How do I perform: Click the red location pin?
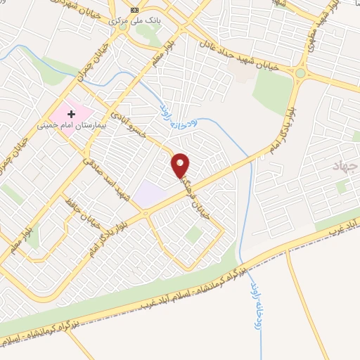tap(181, 165)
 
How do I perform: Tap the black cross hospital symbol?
tap(71, 113)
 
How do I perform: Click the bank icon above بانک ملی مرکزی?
tap(134, 10)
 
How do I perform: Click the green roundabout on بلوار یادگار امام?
tap(302, 73)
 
